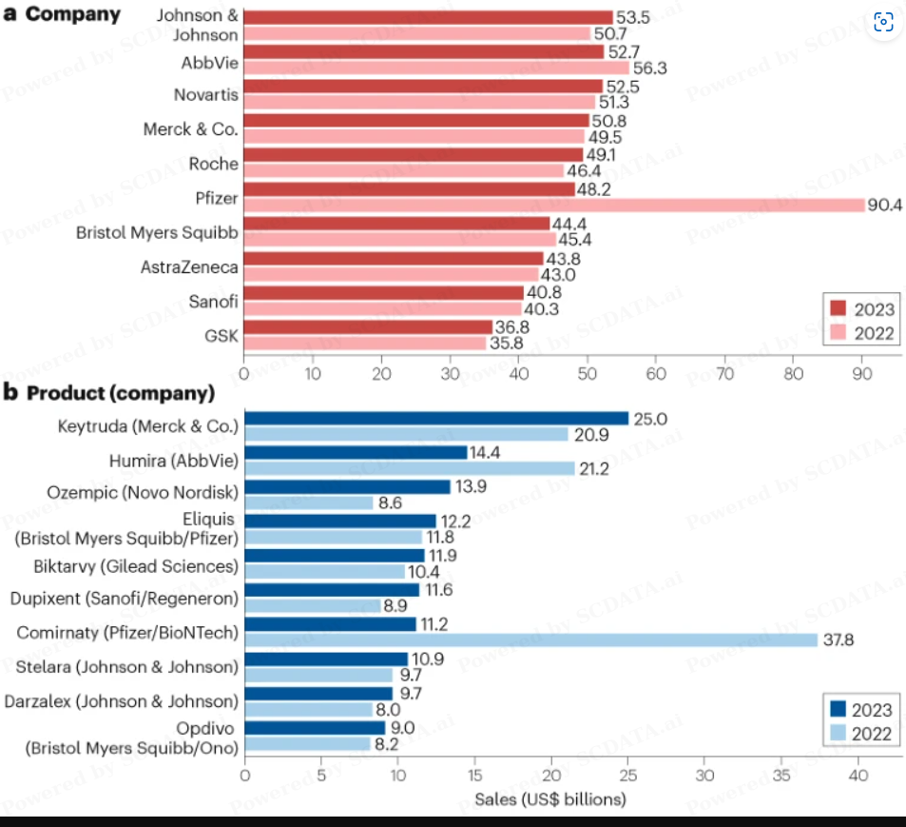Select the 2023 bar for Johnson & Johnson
point(428,17)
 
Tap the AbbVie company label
point(209,64)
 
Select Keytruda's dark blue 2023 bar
point(436,418)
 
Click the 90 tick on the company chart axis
point(862,374)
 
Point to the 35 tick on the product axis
point(781,776)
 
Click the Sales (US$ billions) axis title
point(550,798)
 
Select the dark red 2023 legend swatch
point(838,308)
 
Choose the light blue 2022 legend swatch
point(837,734)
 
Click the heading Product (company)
point(120,393)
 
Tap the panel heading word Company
point(73,15)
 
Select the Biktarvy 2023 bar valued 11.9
point(335,555)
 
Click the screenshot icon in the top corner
point(883,22)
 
